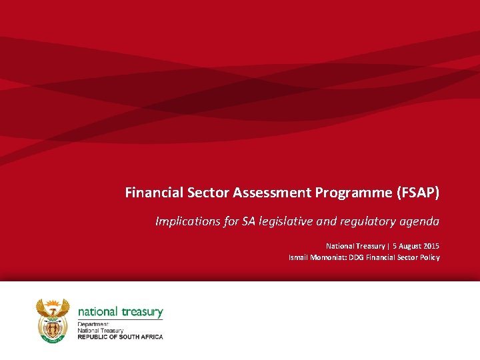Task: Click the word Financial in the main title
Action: pyautogui.click(x=153, y=193)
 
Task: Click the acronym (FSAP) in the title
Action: pyautogui.click(x=418, y=193)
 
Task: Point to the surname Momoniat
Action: pyautogui.click(x=331, y=257)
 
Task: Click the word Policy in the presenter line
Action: pyautogui.click(x=429, y=257)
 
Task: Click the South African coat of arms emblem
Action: pyautogui.click(x=52, y=320)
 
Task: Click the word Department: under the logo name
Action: pyautogui.click(x=93, y=325)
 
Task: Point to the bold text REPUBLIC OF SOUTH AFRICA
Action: pyautogui.click(x=120, y=337)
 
